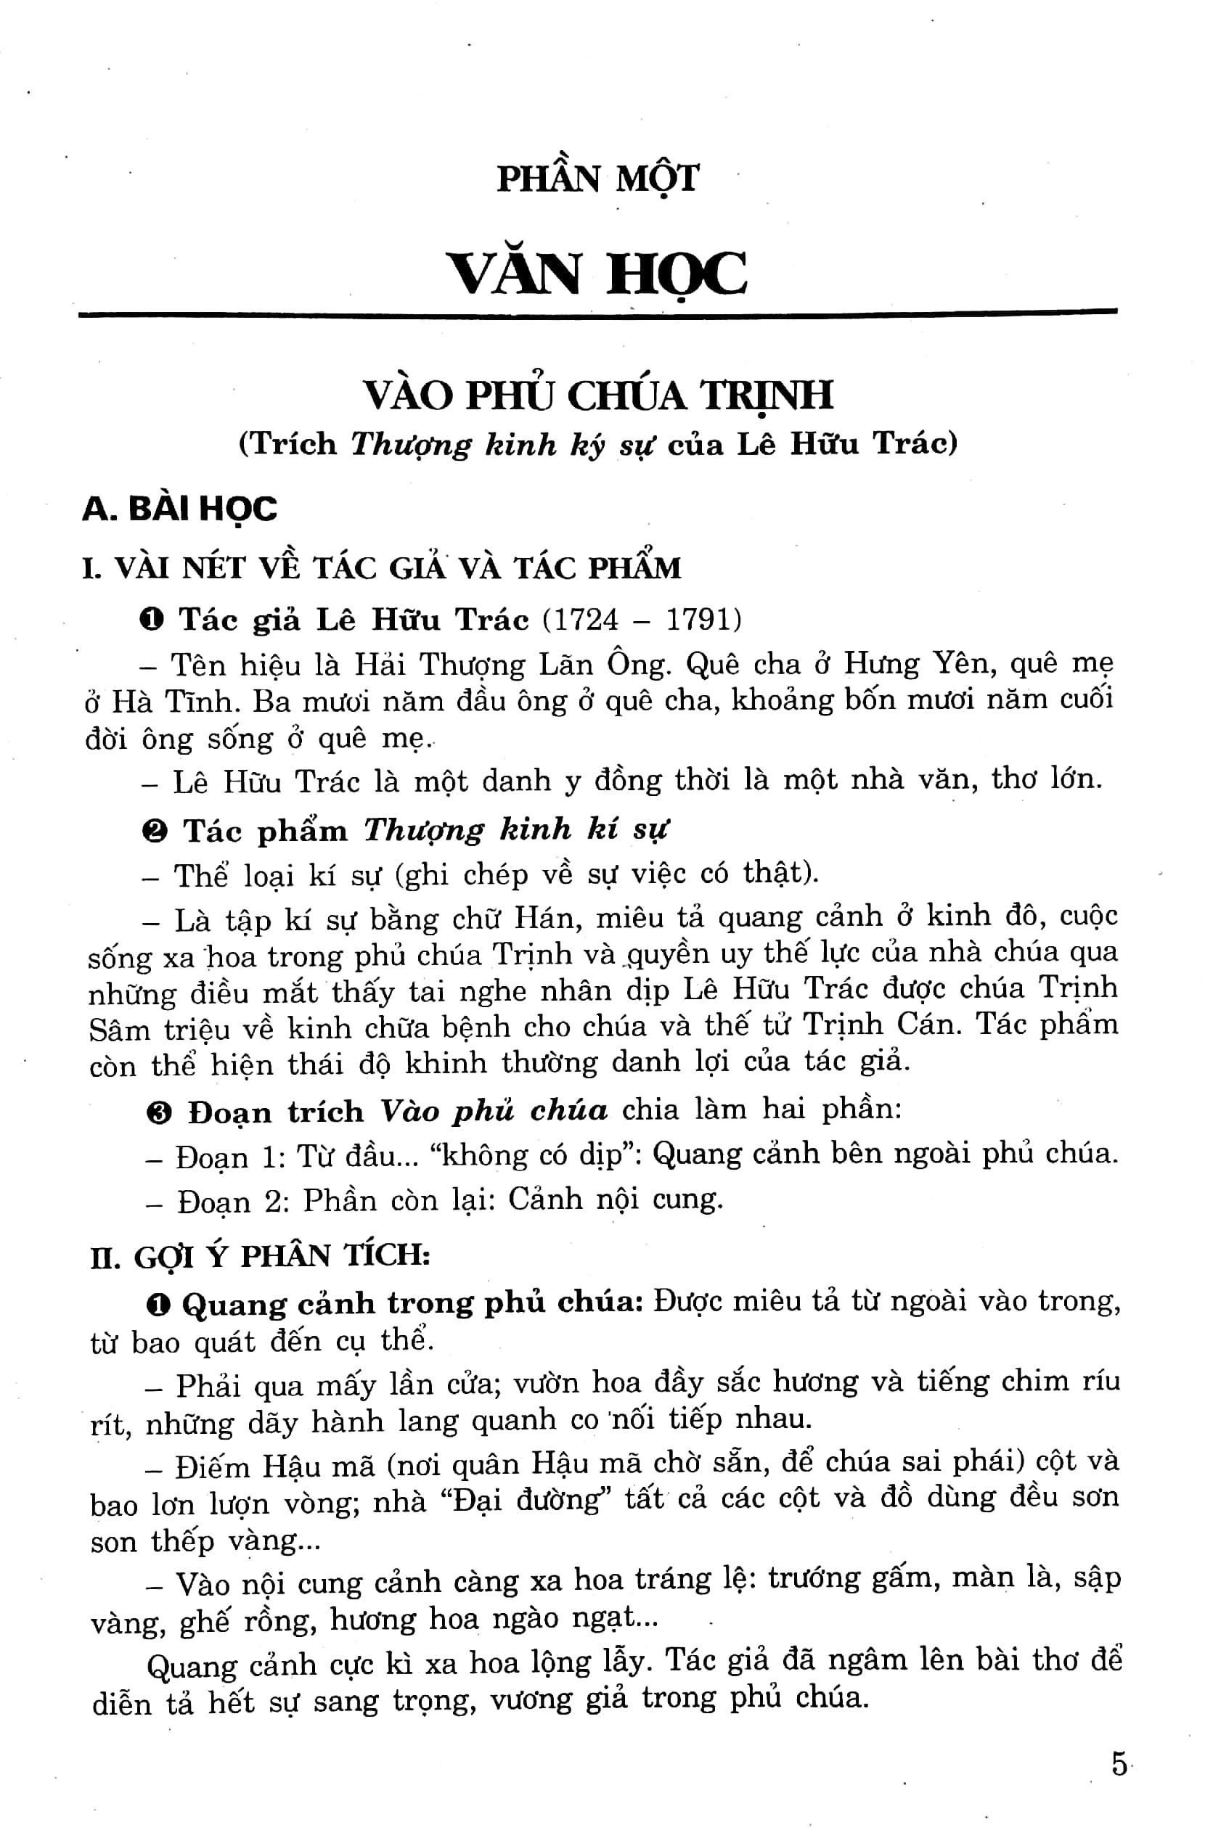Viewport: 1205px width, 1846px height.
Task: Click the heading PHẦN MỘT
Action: pos(597,179)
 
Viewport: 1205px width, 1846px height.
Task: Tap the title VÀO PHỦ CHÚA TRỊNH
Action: pos(598,395)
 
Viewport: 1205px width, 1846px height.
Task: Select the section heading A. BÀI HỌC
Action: pos(180,509)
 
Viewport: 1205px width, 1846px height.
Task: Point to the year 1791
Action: pos(699,620)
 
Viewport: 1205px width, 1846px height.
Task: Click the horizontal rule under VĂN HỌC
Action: pos(597,313)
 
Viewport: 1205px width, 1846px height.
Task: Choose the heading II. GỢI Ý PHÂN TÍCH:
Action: pos(260,1256)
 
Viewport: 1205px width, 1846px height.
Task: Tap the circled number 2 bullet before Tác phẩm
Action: pos(155,832)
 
